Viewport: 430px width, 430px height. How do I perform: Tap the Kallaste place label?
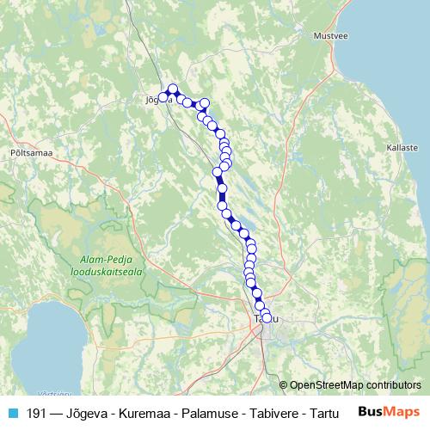(x=402, y=148)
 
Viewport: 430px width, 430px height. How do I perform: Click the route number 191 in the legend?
(x=37, y=413)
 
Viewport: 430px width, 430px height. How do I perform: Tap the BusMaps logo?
(x=389, y=412)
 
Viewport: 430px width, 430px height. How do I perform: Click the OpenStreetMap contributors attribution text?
(x=355, y=384)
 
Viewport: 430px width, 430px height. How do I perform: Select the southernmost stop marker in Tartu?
(x=267, y=318)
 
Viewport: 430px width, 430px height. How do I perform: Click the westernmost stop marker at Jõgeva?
(x=163, y=96)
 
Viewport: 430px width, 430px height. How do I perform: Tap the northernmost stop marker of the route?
(x=173, y=89)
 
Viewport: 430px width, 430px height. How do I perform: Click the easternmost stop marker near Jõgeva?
(x=205, y=104)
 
